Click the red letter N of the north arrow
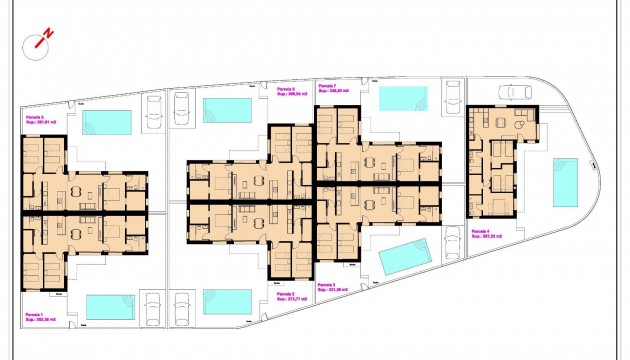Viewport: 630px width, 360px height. pos(48,35)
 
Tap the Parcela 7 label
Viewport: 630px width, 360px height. pos(326,86)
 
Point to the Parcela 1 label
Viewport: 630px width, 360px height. pos(33,314)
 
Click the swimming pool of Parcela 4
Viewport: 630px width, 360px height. pos(565,181)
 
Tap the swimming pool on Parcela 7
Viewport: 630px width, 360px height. pos(404,98)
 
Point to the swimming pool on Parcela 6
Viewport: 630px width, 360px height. pos(227,109)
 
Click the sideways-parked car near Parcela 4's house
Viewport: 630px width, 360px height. pos(516,92)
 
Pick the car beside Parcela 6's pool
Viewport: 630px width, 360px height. pos(182,104)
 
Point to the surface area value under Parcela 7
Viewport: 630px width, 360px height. pos(333,92)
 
